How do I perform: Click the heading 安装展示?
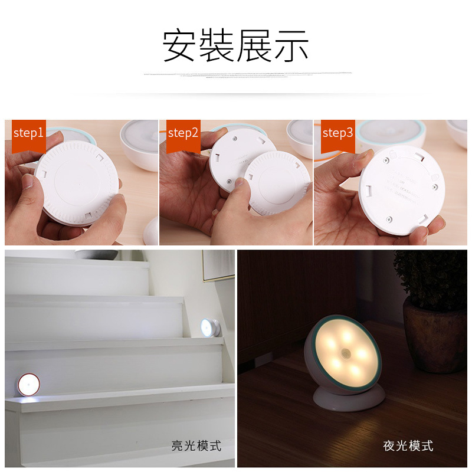point(235,46)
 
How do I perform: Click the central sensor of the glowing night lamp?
point(345,357)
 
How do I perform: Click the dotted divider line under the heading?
point(248,75)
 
